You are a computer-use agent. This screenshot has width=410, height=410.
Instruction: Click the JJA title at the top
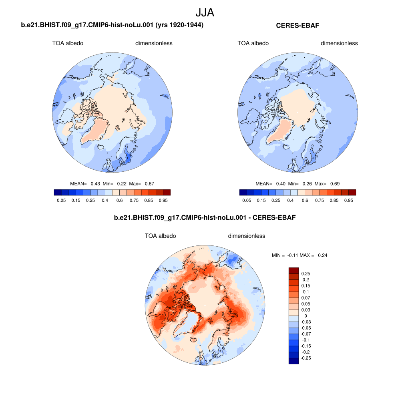[205, 12]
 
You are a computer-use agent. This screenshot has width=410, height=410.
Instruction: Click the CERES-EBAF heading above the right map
[300, 26]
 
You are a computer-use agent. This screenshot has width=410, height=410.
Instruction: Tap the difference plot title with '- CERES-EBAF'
[205, 218]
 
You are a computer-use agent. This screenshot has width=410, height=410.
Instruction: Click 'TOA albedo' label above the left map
[68, 43]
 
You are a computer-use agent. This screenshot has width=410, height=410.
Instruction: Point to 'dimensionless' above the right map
[339, 43]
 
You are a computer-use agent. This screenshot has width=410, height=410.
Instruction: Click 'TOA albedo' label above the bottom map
[160, 236]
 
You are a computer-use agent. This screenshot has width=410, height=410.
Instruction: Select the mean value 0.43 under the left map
[95, 184]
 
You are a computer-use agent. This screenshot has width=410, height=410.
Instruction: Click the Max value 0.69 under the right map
[335, 184]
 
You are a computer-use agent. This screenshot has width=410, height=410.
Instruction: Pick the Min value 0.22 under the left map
[122, 184]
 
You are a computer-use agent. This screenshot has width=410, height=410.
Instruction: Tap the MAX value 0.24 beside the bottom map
[322, 255]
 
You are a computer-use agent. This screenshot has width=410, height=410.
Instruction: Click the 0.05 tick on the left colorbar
[61, 200]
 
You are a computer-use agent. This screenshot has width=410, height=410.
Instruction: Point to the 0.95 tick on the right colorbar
[348, 200]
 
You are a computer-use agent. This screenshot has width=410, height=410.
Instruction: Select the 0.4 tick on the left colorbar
[105, 200]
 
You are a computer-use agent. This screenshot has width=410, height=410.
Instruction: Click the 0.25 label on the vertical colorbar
[306, 273]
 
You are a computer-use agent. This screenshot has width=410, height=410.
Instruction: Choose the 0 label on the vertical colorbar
[305, 316]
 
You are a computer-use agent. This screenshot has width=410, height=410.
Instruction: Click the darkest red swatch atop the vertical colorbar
[293, 270]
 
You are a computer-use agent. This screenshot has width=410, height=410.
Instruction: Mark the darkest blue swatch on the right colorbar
[243, 193]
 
